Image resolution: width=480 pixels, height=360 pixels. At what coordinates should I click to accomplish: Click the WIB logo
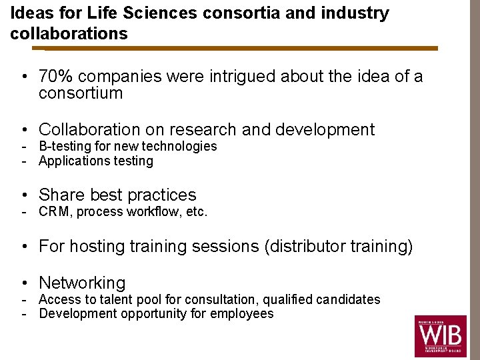click(x=439, y=335)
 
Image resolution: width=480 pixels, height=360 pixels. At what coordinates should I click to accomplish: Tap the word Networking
click(x=82, y=283)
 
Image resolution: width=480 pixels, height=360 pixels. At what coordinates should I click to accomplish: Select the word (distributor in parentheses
click(x=304, y=247)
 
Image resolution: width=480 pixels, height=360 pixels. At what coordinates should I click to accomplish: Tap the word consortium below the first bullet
click(x=81, y=93)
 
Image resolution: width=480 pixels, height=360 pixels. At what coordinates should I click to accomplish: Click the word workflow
click(x=159, y=212)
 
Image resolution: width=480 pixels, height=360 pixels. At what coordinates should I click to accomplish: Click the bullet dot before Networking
click(x=23, y=284)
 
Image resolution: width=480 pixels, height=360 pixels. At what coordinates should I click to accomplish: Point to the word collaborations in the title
click(x=69, y=33)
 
